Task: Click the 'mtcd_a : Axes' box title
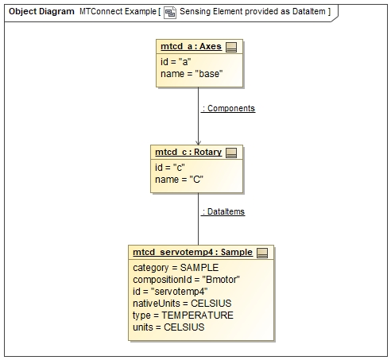point(190,48)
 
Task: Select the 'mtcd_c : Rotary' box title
point(188,152)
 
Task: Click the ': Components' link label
point(228,107)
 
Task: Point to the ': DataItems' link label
point(223,211)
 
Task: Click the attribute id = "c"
point(168,166)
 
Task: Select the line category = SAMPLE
point(175,268)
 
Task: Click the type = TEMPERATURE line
point(183,315)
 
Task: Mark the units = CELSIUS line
point(168,327)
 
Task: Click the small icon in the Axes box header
point(231,48)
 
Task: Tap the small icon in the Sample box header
point(262,252)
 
